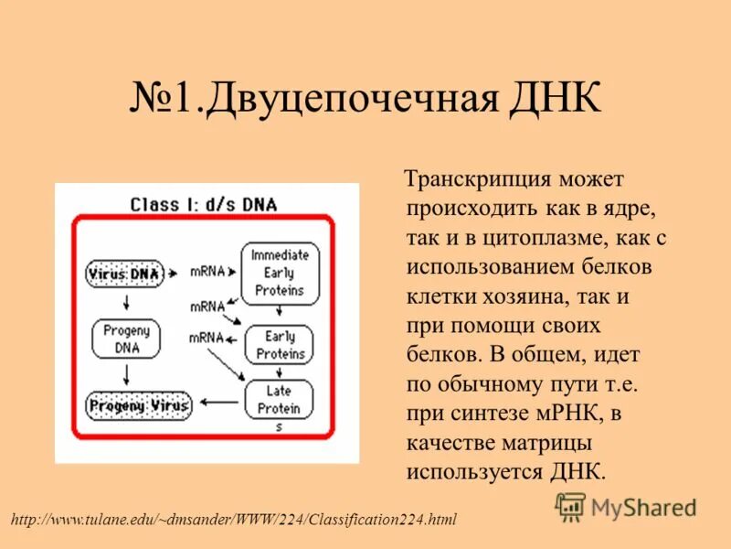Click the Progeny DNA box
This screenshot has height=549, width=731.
click(126, 339)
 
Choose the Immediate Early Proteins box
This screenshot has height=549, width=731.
click(280, 273)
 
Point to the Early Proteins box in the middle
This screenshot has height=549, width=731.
click(280, 346)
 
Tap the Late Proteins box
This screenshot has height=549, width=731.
click(279, 400)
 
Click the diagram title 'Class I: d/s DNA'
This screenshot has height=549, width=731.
click(203, 204)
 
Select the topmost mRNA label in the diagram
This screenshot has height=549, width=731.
click(207, 272)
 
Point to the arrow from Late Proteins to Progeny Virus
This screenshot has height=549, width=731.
click(219, 402)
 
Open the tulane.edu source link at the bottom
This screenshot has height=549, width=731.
click(233, 520)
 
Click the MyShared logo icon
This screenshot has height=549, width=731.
click(571, 506)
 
